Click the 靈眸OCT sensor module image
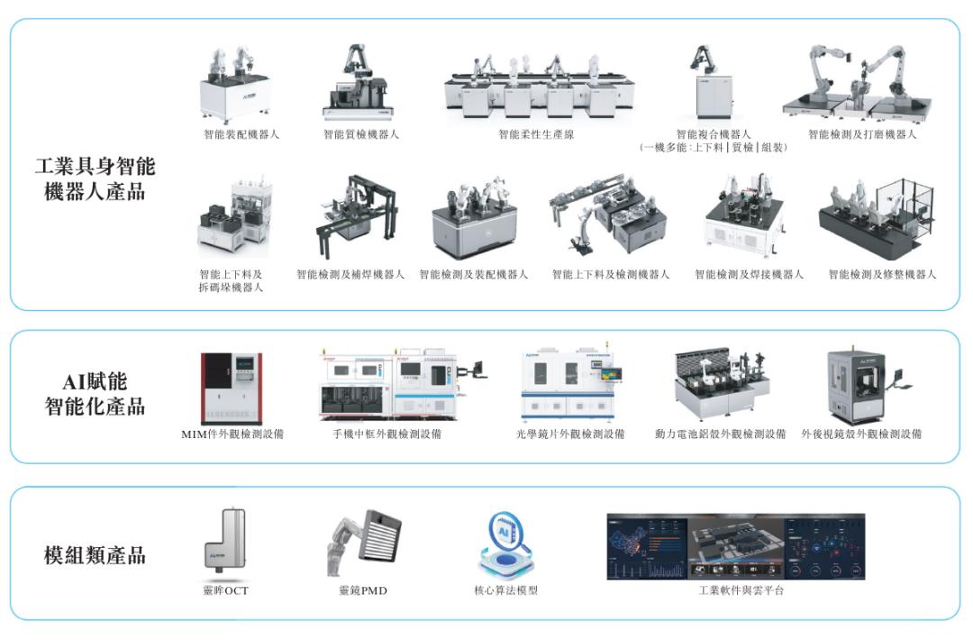tap(225, 539)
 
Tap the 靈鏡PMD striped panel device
tap(364, 544)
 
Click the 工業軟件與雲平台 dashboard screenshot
tap(736, 547)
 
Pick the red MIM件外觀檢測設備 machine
tap(232, 389)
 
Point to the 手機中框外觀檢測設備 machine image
tap(402, 384)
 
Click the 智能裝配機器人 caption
tap(241, 134)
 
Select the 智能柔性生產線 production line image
tap(540, 87)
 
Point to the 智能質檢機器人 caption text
tap(361, 134)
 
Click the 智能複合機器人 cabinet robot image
tap(711, 82)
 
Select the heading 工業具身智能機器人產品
tap(95, 178)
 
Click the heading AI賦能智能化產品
tap(95, 394)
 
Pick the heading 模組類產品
tap(95, 555)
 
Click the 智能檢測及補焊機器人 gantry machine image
tap(358, 216)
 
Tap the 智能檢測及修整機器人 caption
tap(882, 274)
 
